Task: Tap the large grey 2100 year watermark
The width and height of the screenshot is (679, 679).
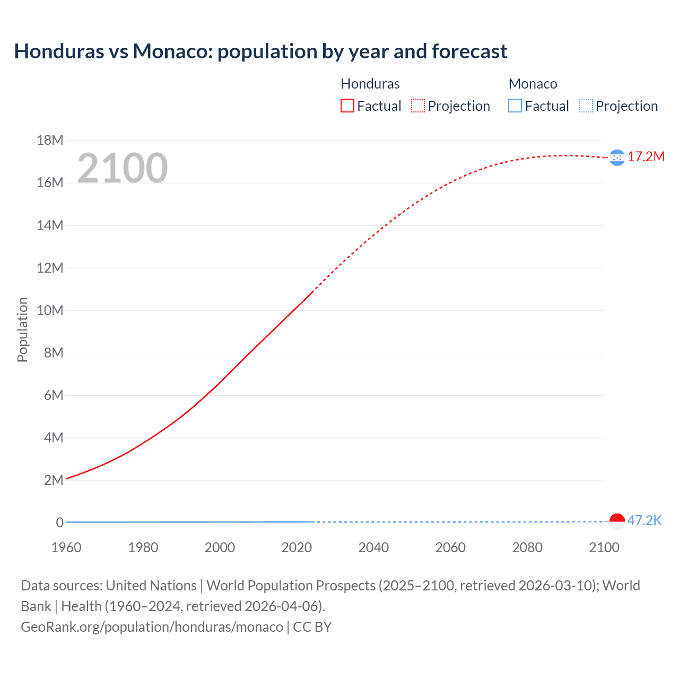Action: pos(123,168)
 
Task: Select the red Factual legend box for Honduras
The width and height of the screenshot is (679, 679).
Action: pos(347,106)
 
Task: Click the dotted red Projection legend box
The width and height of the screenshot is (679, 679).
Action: pos(418,106)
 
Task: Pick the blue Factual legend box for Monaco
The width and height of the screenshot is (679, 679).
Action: pos(515,106)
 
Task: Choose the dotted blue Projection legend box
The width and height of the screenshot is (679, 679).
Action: pos(586,106)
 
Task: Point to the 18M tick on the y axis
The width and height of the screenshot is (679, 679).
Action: pos(50,140)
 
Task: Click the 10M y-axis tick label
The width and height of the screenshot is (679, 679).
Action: pos(50,310)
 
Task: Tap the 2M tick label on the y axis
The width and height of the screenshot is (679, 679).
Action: pos(54,480)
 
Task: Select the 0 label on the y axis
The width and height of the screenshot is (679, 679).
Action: pos(60,523)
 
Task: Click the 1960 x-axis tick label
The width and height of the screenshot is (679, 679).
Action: pos(66,547)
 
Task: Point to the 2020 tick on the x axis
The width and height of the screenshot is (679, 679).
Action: pos(297,547)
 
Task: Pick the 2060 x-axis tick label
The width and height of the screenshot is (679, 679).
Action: pos(450,547)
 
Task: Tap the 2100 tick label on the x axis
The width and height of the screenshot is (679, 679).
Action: pos(604,547)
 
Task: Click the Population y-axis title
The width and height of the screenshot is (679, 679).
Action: pos(22,329)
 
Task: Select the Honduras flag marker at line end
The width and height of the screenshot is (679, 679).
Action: pos(617,158)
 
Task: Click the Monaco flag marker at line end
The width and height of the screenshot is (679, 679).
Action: pos(617,521)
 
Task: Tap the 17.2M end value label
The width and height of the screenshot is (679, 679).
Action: pos(646,156)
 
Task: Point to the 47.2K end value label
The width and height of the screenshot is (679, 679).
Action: pos(644,520)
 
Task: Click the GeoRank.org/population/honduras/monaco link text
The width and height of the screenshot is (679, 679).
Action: pos(152,627)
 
